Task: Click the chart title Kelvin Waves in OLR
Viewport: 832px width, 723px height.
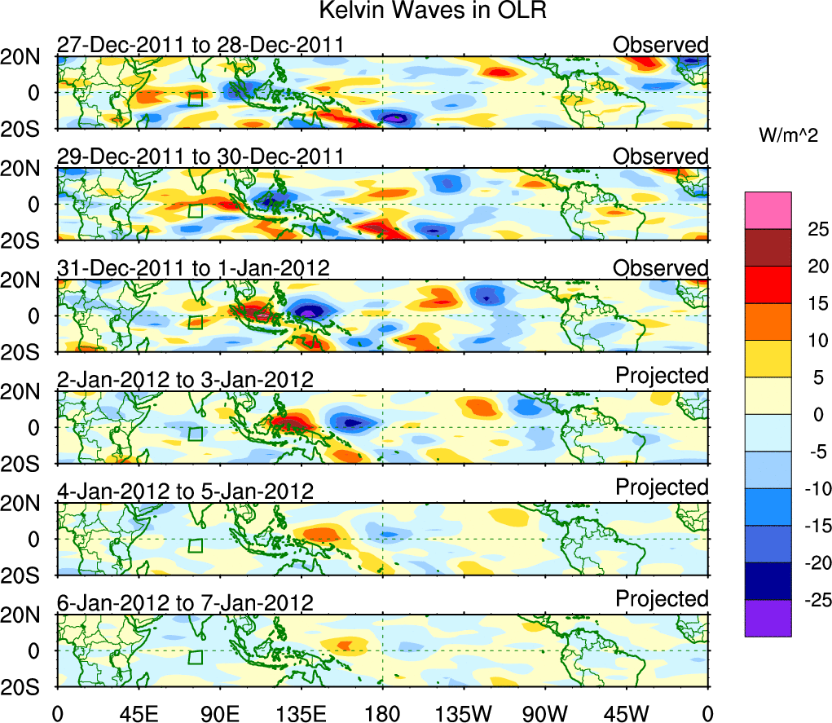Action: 416,11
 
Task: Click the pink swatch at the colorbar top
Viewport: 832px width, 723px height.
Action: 767,210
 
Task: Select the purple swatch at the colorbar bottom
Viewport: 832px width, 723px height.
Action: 767,618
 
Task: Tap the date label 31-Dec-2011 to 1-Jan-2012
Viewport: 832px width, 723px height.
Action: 193,268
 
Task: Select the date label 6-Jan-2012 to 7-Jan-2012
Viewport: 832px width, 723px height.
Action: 185,603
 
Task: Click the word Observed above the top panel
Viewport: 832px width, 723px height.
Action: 661,44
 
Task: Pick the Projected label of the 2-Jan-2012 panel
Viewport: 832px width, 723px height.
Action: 662,376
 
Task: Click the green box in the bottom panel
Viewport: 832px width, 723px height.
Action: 195,657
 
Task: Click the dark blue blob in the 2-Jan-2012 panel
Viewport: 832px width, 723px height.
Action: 351,423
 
